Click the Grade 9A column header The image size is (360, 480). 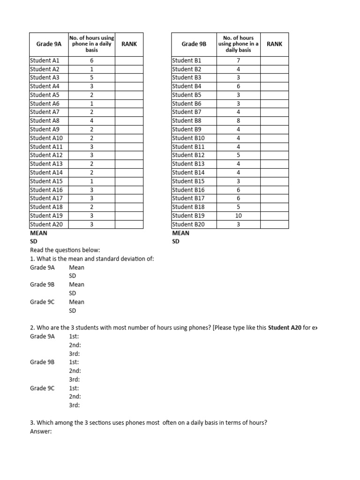[x=49, y=44]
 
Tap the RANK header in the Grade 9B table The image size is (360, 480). [x=274, y=44]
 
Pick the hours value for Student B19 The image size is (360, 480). [x=239, y=216]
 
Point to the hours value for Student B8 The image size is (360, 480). [x=239, y=120]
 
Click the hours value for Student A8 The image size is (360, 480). [x=92, y=120]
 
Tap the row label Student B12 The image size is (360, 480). [x=188, y=155]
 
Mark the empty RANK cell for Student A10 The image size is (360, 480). [x=129, y=138]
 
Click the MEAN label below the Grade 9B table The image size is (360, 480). [x=181, y=233]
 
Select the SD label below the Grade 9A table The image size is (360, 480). [x=34, y=241]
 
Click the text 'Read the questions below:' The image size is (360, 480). [x=65, y=250]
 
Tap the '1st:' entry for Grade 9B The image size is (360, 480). [x=74, y=362]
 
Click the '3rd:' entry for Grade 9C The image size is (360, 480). [x=74, y=405]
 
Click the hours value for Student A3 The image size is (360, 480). [x=92, y=78]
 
